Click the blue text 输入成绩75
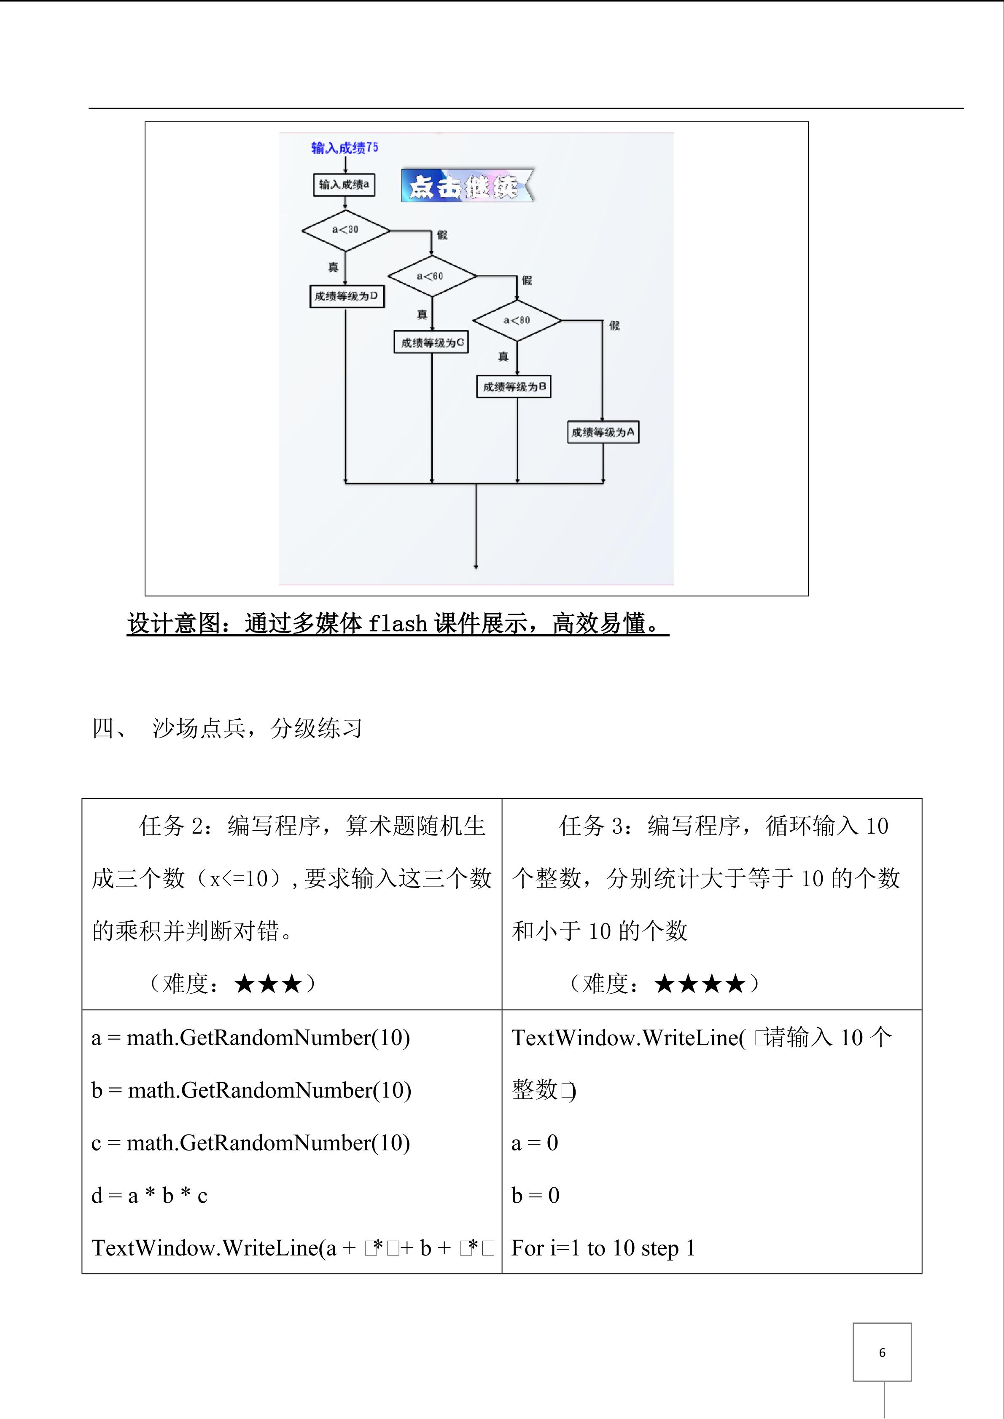click(x=345, y=148)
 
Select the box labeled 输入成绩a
click(x=344, y=185)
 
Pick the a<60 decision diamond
click(x=431, y=276)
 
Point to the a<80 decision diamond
click(x=517, y=321)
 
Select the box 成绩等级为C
click(x=431, y=342)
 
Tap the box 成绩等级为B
click(x=513, y=387)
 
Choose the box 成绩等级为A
click(x=602, y=432)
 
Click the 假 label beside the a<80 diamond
click(x=614, y=326)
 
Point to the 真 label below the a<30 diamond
click(x=333, y=267)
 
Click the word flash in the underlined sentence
click(x=398, y=624)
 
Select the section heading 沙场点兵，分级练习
click(x=256, y=729)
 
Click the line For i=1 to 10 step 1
click(x=603, y=1248)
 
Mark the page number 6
click(x=882, y=1353)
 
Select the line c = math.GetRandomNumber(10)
click(x=250, y=1143)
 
